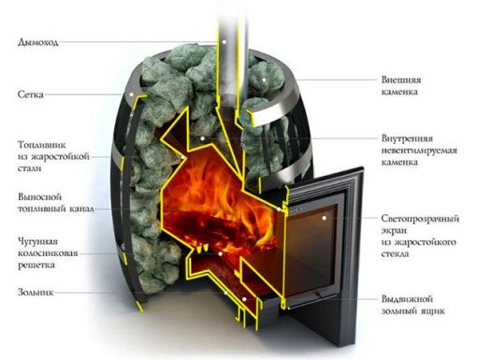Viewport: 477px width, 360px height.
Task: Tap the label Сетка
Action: click(x=30, y=95)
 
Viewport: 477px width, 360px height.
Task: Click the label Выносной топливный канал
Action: click(x=49, y=204)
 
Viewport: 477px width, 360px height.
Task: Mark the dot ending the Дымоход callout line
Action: click(x=222, y=41)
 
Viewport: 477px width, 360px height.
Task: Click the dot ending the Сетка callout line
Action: click(x=127, y=94)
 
